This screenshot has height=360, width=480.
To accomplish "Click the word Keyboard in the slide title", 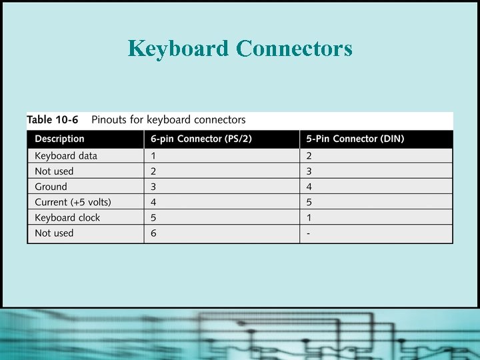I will click(178, 48).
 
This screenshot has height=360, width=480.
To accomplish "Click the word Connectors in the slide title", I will click(294, 48).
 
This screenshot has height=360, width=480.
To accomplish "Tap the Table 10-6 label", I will click(53, 120).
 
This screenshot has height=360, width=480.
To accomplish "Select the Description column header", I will click(59, 139).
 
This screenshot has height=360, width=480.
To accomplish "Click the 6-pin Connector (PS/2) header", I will click(200, 139).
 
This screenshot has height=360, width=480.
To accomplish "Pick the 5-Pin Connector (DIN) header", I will click(355, 139).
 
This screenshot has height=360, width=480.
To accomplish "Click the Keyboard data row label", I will click(66, 156).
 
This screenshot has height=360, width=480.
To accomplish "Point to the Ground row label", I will click(51, 187).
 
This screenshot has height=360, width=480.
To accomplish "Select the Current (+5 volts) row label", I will click(73, 202).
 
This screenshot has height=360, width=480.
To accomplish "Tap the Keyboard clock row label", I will click(67, 217).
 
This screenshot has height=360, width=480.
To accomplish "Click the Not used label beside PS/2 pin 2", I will click(54, 171).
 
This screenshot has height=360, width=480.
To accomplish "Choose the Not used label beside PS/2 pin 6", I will click(54, 233).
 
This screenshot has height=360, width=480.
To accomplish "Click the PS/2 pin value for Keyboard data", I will click(153, 156).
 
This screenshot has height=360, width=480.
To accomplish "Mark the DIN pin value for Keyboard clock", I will click(309, 217).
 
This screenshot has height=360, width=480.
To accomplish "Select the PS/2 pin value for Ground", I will click(153, 187).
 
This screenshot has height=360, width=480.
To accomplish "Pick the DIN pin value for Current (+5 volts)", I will click(309, 202).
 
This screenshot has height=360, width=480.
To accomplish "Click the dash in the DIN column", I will click(308, 233).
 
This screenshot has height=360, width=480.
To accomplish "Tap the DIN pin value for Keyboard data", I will click(309, 156).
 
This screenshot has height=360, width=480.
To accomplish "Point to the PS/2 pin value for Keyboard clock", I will click(153, 217).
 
